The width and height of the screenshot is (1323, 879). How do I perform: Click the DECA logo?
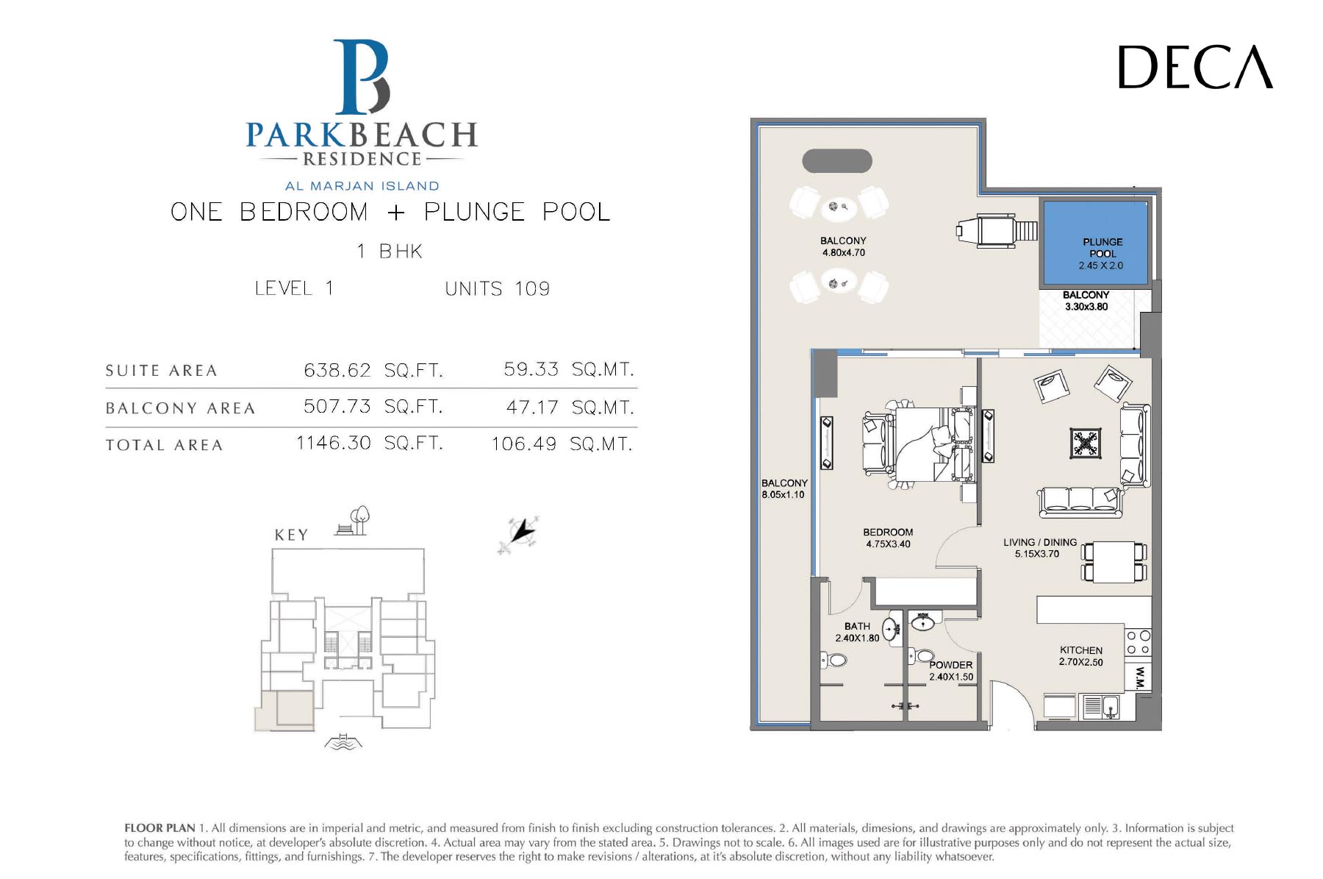coord(1195,67)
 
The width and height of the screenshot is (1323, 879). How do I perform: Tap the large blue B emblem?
coord(361,77)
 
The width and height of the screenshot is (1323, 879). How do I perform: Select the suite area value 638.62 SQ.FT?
coord(373,370)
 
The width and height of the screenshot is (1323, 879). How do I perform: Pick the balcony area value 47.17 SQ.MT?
coord(570,407)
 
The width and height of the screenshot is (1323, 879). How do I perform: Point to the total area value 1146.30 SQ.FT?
coord(370,444)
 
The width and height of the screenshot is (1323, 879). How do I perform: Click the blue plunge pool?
coord(1096,243)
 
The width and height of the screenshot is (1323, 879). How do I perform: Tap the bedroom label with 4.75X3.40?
coord(888,538)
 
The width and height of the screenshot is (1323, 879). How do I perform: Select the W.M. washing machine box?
coord(1139,677)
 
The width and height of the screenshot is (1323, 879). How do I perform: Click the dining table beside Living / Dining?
coord(1114,562)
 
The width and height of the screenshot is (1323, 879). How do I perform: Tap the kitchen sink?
coord(1100,707)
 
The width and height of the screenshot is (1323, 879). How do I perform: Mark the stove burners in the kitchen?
coord(1139,643)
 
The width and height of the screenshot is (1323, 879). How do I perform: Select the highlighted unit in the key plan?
coord(285,711)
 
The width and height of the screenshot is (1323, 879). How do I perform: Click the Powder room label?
coord(950,671)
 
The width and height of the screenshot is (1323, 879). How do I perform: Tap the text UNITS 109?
coord(497,288)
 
